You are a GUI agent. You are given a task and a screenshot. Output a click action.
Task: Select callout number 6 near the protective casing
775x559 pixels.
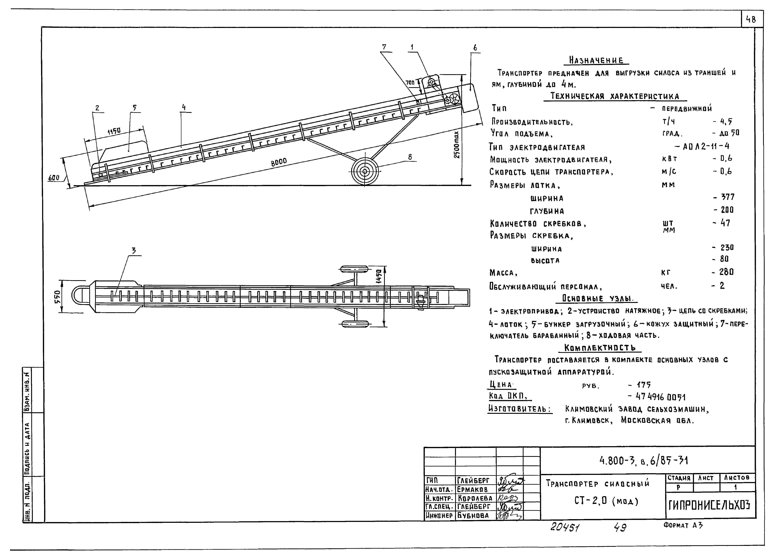click(475, 48)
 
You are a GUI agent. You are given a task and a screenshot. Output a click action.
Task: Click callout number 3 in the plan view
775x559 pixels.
click(134, 251)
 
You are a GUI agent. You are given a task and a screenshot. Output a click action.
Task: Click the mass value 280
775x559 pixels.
click(726, 272)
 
